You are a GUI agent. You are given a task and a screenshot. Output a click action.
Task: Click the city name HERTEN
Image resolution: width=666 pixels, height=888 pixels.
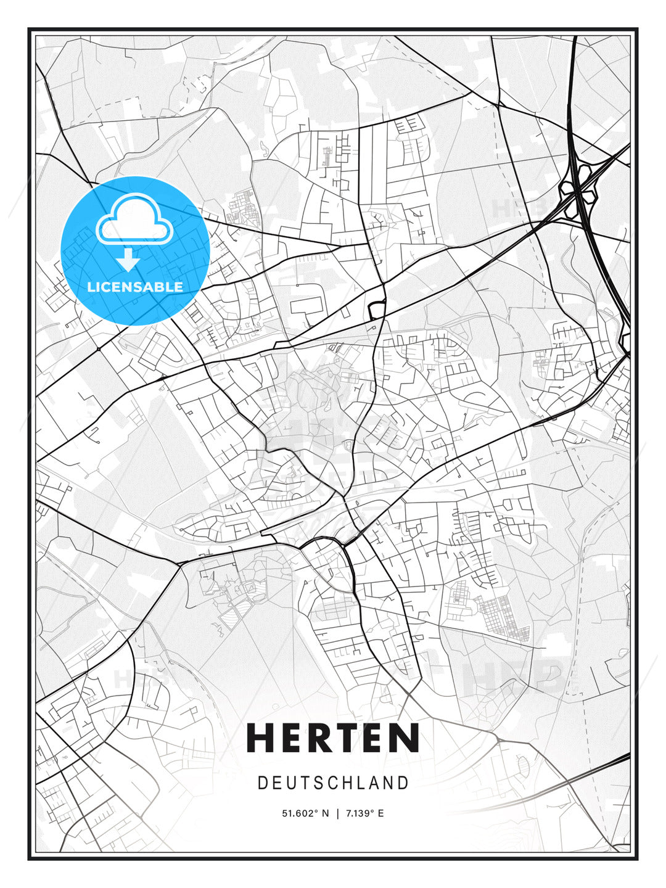click(333, 738)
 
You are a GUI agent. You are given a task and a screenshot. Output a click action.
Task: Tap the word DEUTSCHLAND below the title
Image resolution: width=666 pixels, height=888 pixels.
click(333, 783)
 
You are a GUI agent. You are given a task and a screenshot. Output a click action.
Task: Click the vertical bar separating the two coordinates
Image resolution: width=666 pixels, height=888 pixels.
click(337, 813)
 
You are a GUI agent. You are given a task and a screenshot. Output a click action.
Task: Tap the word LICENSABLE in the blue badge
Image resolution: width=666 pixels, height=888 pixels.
click(135, 287)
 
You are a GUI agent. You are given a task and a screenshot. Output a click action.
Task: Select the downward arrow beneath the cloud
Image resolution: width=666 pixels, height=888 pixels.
click(128, 260)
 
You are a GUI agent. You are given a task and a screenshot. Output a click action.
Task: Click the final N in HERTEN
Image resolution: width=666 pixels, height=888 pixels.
click(406, 738)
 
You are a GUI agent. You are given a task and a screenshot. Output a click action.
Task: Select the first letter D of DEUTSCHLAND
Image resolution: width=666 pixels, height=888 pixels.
click(262, 783)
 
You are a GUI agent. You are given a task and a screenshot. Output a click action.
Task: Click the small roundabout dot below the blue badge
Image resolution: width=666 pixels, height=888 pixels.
click(98, 349)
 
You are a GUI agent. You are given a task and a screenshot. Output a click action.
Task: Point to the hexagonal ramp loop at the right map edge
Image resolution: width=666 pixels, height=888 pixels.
click(625, 342)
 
